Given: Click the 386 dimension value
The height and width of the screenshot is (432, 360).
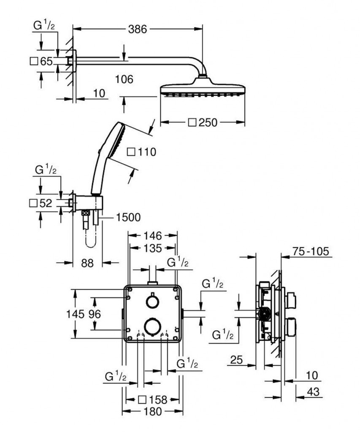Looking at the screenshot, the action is tap(138, 29).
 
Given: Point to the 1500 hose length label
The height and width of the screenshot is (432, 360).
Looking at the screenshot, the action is tap(128, 217).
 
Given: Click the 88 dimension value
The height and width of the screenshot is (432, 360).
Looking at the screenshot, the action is tap(87, 263).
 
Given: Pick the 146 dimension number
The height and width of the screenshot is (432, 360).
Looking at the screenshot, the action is tap(153, 235).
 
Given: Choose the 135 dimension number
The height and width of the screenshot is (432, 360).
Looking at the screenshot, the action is tap(153, 248).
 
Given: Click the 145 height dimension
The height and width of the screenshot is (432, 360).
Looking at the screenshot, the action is tap(75, 314).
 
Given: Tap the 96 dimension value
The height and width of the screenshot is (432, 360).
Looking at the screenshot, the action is tap(95, 314).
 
